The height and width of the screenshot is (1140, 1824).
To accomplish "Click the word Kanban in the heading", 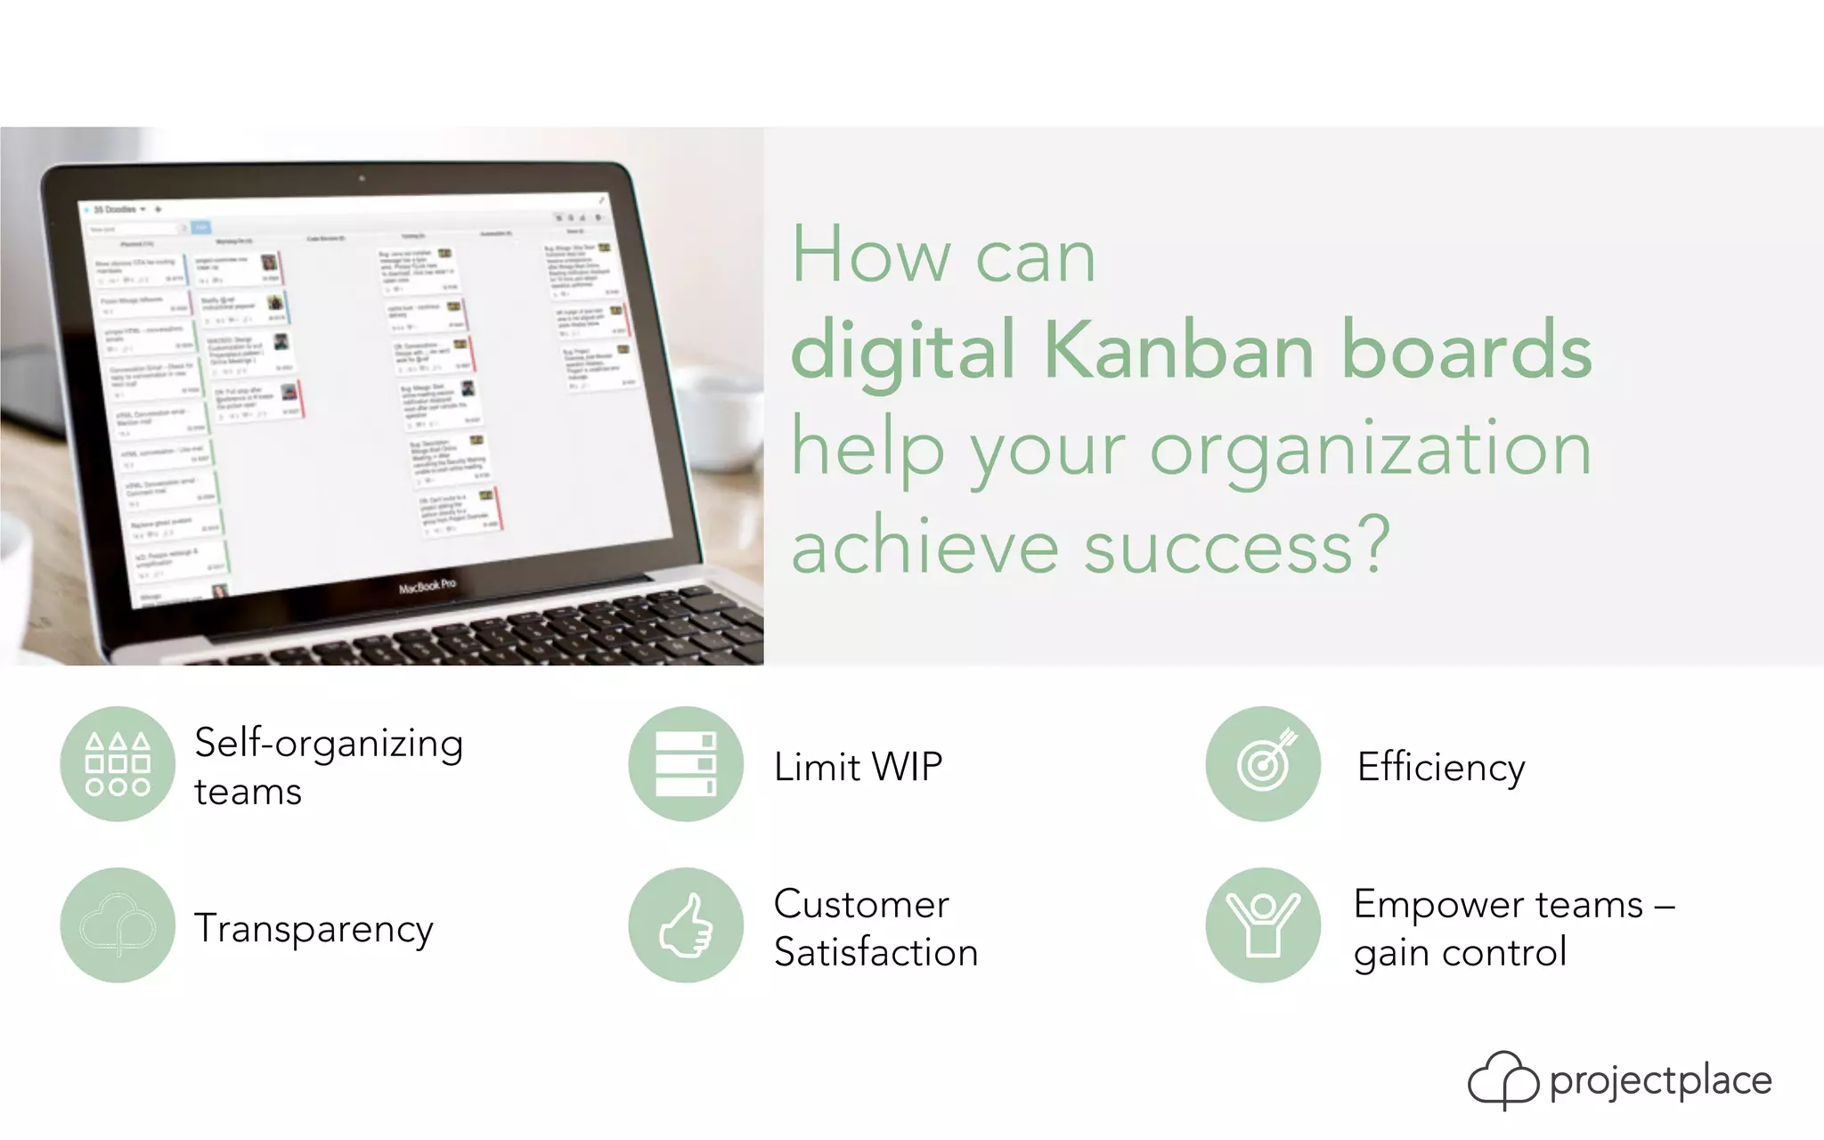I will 1177,349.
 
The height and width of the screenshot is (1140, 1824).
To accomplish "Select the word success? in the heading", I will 1238,545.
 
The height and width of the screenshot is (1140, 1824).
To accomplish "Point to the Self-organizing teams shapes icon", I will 118,764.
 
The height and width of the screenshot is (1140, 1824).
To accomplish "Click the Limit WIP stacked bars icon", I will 686,764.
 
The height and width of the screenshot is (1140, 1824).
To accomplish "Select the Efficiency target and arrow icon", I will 1263,764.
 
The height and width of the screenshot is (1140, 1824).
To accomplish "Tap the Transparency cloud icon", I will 118,925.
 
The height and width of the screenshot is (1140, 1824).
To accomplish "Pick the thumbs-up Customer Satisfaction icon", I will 686,925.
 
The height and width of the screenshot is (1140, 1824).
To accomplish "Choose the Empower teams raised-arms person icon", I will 1263,925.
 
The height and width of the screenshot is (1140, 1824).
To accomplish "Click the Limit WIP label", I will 858,767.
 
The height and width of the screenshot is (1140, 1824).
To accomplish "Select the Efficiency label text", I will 1440,767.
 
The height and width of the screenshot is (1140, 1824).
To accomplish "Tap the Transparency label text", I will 313,929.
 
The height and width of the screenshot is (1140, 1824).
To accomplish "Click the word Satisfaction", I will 875,952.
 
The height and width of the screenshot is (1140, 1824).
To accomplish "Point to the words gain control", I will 1460,953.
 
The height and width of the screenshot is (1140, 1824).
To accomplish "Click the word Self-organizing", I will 329,744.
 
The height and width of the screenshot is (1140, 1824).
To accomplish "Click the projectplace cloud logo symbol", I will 1502,1080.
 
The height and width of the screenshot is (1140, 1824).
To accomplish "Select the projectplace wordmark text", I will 1660,1081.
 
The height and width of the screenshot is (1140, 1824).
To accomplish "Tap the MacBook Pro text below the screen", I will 427,585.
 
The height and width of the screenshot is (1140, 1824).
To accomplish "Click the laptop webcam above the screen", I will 362,178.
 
